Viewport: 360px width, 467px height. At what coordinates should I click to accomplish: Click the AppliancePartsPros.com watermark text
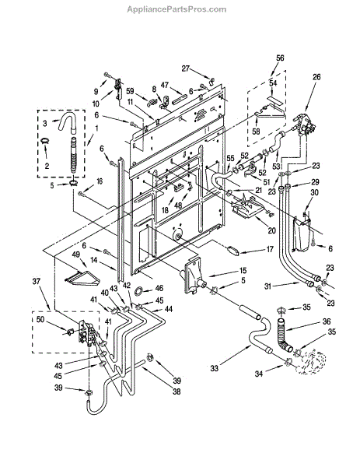pos(177,9)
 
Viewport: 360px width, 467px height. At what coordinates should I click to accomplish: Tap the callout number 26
pos(316,77)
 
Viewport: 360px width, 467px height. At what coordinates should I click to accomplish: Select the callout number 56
pos(280,58)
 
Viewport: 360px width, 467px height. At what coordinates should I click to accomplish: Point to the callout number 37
pos(37,282)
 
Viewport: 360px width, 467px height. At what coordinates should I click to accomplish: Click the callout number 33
pos(215,368)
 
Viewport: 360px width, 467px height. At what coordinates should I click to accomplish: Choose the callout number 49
pos(76,255)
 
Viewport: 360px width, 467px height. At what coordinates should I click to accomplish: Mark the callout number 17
pos(269,249)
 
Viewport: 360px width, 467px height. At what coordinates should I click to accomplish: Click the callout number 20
pos(271,230)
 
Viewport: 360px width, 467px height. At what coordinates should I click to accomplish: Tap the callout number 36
pos(327,321)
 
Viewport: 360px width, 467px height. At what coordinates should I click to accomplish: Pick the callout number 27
pos(186,68)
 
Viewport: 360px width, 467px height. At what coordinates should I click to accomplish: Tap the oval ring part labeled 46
pos(139,290)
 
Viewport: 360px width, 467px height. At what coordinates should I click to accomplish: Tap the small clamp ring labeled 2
pos(45,140)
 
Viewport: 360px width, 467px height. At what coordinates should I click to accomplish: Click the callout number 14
pos(94,260)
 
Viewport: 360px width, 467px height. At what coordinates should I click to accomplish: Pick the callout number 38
pos(177,391)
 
